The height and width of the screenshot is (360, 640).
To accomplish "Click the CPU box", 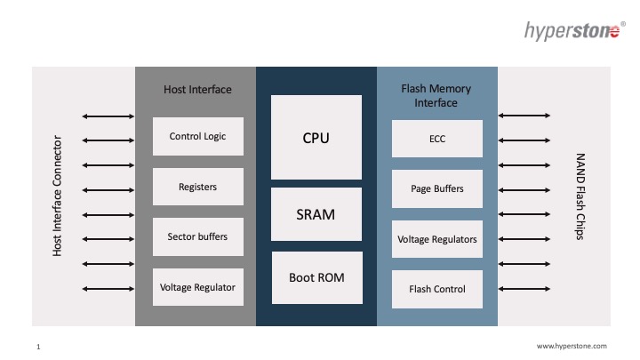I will tap(316, 137).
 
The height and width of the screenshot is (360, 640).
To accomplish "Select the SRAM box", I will tap(316, 214).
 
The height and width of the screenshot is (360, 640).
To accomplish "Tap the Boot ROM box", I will tap(316, 277).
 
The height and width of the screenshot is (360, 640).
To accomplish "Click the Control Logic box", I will tap(197, 136).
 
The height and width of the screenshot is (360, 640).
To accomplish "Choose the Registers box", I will tap(197, 187).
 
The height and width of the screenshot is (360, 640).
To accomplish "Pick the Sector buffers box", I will tap(197, 236).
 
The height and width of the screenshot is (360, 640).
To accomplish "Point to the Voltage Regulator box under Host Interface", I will tap(197, 287).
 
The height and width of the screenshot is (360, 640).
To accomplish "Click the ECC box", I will tap(436, 139).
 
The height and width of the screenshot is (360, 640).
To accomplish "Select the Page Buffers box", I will tap(436, 188).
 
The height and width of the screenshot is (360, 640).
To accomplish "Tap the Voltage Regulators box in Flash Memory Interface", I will tap(436, 239).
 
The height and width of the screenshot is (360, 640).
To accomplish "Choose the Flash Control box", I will tap(436, 289).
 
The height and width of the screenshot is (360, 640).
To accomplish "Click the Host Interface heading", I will tap(197, 90).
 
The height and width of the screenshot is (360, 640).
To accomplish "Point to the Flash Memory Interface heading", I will tap(436, 96).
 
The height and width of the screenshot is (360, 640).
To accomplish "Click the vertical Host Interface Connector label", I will tap(58, 196).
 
